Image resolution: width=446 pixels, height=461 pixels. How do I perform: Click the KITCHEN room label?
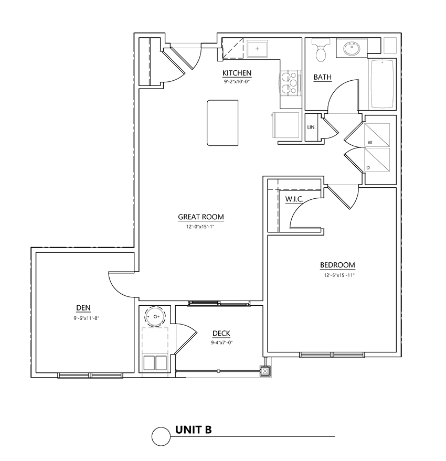pos(237,73)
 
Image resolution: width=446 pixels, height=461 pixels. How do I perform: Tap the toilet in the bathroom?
pos(320,50)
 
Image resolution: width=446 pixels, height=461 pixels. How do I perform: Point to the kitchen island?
pos(222,123)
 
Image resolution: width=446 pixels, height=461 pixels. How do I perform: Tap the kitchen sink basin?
pos(258,50)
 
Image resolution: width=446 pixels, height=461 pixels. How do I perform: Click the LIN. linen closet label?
pos(311,127)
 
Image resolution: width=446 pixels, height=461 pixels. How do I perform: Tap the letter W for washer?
pos(370,142)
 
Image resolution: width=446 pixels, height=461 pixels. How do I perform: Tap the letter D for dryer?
pos(368,167)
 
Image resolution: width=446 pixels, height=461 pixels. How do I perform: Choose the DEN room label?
pos(83,308)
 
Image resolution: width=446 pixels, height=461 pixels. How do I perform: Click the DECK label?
pos(221,334)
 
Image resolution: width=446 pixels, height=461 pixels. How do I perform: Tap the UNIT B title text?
pos(193,431)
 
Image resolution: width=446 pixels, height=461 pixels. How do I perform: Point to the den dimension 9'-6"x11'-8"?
pos(86,318)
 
